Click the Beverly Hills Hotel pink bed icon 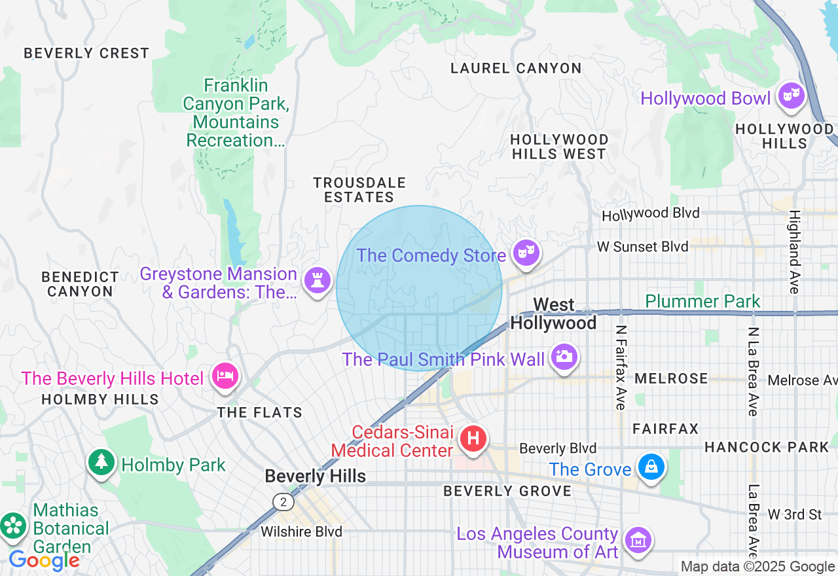tap(225, 376)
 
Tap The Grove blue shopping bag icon tap(651, 467)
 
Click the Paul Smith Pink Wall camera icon tap(564, 357)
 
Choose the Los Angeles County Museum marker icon tap(637, 541)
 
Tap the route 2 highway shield tap(283, 502)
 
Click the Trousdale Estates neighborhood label tap(359, 190)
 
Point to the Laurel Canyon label tap(516, 68)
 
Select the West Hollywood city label tap(553, 314)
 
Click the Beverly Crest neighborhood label tap(86, 53)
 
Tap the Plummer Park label tap(702, 301)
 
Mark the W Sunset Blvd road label tap(642, 247)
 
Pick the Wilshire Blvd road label tap(301, 531)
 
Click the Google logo tap(44, 560)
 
